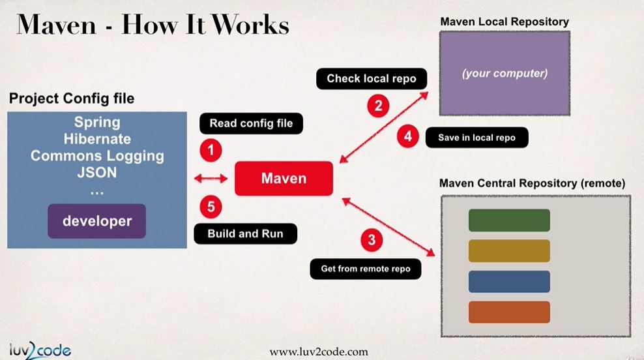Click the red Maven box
click(284, 178)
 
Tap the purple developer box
click(96, 221)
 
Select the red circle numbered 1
click(211, 151)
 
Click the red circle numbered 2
click(377, 105)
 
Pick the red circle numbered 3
click(372, 239)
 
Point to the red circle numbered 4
click(408, 136)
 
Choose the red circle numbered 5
click(211, 207)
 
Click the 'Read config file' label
click(251, 123)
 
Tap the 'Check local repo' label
click(367, 78)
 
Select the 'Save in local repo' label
click(476, 138)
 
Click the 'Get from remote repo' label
click(366, 268)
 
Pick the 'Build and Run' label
click(245, 233)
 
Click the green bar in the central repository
click(509, 220)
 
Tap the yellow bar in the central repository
click(509, 250)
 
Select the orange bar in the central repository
click(509, 312)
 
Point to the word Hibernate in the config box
click(97, 139)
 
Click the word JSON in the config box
click(97, 173)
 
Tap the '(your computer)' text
click(505, 74)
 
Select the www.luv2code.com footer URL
click(319, 352)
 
